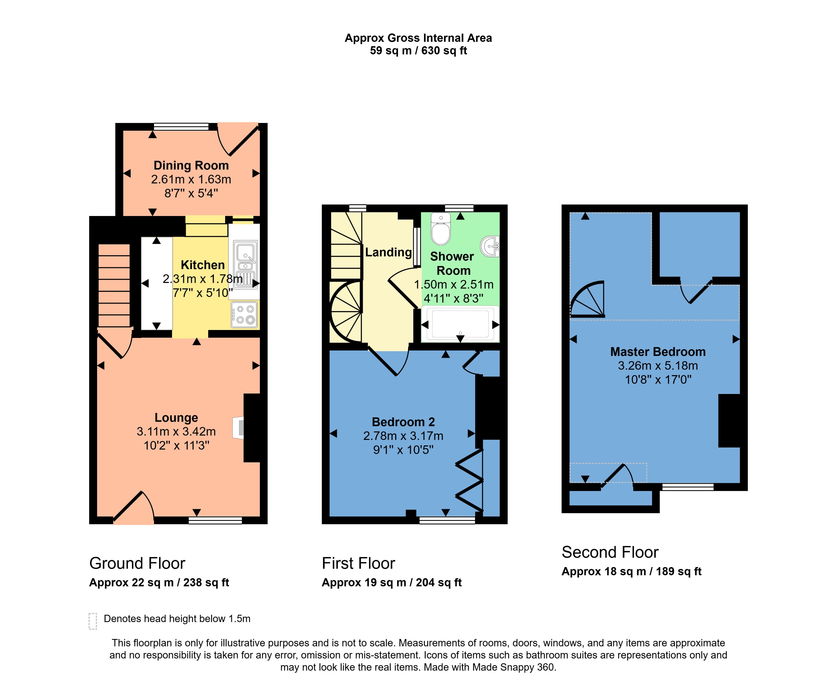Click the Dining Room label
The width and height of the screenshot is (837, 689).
[x=191, y=165]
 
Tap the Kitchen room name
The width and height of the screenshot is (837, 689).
[x=202, y=265]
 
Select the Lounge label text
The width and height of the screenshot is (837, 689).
[x=176, y=418]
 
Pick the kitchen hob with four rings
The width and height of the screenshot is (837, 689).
[x=245, y=315]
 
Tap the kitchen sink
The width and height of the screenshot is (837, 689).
[x=245, y=258]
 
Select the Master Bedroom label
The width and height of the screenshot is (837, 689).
[x=658, y=352]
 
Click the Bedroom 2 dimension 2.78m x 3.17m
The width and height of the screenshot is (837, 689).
[x=403, y=436]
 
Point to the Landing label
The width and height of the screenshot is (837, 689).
[x=388, y=252]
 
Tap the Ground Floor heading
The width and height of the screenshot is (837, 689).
[x=137, y=563]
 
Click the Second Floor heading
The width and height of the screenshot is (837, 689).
[x=610, y=552]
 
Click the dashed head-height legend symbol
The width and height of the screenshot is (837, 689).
[x=92, y=621]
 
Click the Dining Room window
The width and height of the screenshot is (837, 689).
[x=181, y=127]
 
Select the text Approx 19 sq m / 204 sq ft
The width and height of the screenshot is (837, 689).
[x=391, y=583]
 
